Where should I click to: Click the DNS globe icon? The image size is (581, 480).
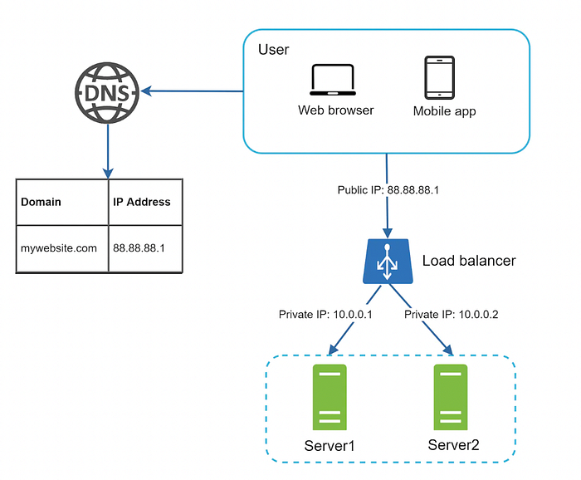pos(107,93)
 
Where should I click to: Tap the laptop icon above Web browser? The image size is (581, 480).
pos(333,80)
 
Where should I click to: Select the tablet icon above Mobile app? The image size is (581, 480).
pos(439,77)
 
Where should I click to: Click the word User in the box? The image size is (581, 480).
pos(273,50)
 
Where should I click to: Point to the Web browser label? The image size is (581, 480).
pos(335,110)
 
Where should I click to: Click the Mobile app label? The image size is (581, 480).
pos(444,111)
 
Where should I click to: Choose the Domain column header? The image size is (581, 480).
pos(41,202)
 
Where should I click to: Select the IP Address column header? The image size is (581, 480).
pos(142,202)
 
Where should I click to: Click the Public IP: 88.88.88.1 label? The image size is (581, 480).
pos(388,190)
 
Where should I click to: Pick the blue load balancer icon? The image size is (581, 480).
pos(388,262)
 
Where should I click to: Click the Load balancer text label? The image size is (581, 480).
pos(469,261)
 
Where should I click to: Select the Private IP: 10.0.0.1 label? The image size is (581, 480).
pos(325,315)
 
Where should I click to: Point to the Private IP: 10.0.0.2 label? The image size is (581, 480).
pos(451,315)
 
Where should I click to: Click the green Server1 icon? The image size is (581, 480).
pos(330,397)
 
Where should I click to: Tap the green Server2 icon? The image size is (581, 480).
pos(451,397)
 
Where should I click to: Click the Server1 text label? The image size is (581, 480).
pos(330,446)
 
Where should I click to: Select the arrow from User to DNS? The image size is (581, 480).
pos(193,91)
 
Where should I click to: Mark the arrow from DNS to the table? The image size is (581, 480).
pos(108,152)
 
